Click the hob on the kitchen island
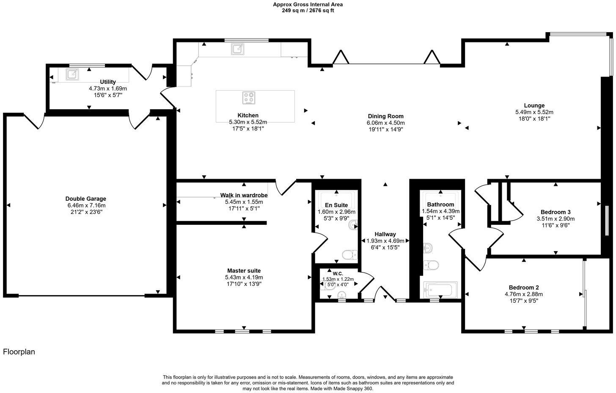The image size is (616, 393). click(x=249, y=98)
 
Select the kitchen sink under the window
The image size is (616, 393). click(x=237, y=49)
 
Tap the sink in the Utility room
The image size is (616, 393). click(x=72, y=74)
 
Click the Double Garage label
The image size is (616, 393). click(x=85, y=199)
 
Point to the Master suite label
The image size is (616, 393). click(x=244, y=271)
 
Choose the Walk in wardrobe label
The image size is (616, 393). click(x=244, y=195)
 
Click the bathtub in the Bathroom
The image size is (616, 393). click(x=440, y=290)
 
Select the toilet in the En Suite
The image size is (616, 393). click(x=349, y=255)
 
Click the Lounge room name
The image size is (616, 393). click(x=534, y=105)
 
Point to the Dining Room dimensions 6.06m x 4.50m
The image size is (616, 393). click(x=385, y=123)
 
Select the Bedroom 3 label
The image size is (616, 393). click(x=555, y=212)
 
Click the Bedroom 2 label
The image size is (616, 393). click(x=523, y=287)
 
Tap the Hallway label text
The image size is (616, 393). click(x=385, y=234)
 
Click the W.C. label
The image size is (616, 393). click(x=338, y=273)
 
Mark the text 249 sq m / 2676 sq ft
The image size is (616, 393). click(x=308, y=11)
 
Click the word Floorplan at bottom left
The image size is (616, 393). click(x=19, y=351)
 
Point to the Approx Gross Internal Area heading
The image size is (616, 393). click(x=308, y=5)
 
